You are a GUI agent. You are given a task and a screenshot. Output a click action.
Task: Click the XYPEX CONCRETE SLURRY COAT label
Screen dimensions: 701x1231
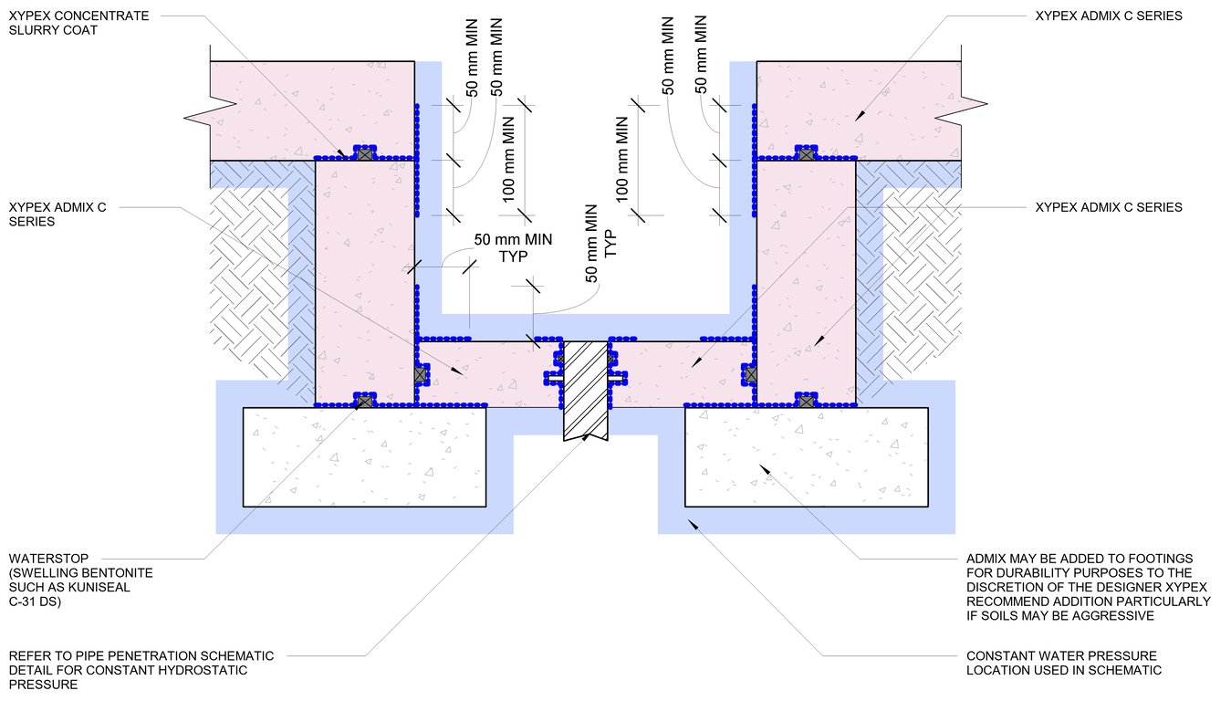click(67, 23)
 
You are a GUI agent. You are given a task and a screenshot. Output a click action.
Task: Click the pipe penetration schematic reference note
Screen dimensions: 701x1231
click(141, 670)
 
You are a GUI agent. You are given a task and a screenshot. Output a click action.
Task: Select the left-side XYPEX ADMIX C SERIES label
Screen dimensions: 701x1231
click(57, 214)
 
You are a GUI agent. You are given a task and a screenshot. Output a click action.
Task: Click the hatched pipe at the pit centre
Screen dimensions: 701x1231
click(585, 389)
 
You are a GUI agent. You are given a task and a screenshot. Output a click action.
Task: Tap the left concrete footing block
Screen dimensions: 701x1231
click(363, 455)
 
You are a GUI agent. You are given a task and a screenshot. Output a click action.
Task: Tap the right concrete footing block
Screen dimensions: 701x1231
click(806, 455)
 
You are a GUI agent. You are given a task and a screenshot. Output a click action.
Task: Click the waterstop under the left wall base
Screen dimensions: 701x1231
click(364, 401)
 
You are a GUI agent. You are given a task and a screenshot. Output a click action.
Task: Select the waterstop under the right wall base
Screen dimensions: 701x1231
click(806, 400)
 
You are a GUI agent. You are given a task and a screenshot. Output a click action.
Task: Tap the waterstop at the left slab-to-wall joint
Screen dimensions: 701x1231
click(421, 373)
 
